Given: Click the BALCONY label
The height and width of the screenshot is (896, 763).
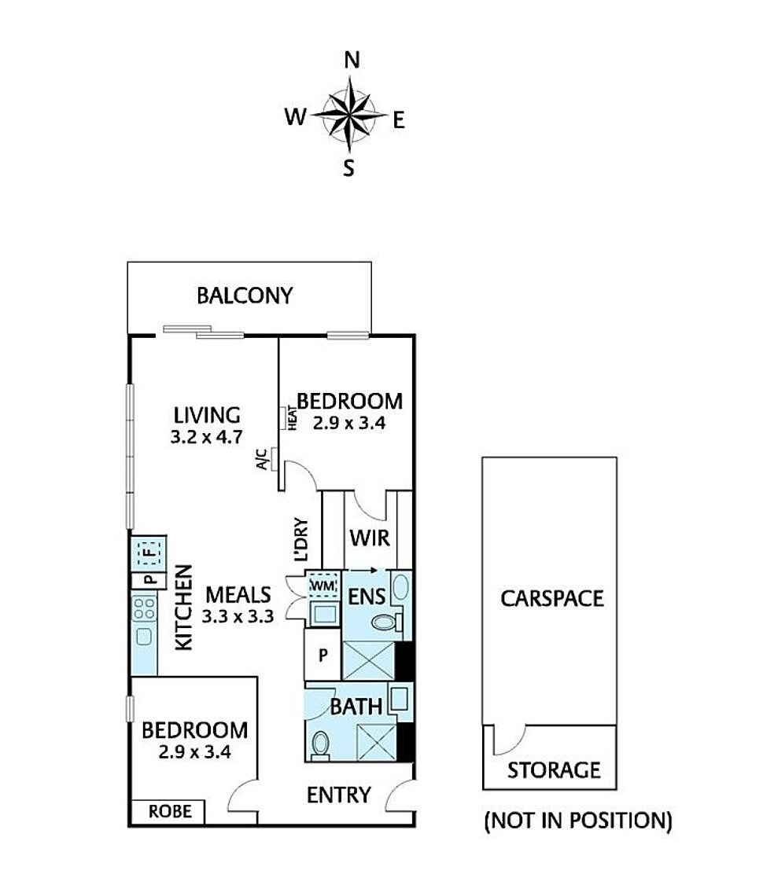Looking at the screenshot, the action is click(x=245, y=296).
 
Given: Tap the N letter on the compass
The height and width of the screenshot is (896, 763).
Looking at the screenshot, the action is click(x=352, y=60).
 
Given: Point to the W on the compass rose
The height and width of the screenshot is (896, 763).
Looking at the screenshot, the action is click(x=296, y=117).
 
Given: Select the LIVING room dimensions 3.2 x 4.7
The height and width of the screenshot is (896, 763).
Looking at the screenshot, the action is click(x=206, y=437).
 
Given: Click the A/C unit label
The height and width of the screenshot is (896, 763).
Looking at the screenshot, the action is click(x=262, y=460).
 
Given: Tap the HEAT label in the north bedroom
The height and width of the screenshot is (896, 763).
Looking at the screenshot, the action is click(x=293, y=417).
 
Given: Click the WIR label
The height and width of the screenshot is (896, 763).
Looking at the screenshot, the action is click(x=370, y=538).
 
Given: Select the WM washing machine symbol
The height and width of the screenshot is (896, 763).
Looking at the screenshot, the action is click(x=323, y=586).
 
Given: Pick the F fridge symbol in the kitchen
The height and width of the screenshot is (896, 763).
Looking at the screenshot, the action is click(x=149, y=553).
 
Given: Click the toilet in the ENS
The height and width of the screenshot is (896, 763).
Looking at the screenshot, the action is click(x=386, y=622).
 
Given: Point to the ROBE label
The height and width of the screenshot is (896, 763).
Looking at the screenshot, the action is click(x=170, y=811).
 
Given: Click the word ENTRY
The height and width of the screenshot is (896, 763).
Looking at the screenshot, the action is click(x=338, y=795).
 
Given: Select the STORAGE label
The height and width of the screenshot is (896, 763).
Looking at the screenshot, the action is click(x=554, y=770).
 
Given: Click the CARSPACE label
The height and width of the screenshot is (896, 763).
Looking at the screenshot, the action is click(x=552, y=598).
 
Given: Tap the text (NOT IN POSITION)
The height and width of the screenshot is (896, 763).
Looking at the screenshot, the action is click(x=578, y=821).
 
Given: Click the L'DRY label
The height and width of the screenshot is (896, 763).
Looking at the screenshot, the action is click(x=301, y=539).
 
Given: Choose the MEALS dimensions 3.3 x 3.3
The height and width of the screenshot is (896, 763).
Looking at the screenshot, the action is click(x=238, y=616).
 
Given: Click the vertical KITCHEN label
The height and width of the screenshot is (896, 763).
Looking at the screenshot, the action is click(x=183, y=608).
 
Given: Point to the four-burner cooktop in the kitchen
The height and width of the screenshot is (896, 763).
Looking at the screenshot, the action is click(x=144, y=608).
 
